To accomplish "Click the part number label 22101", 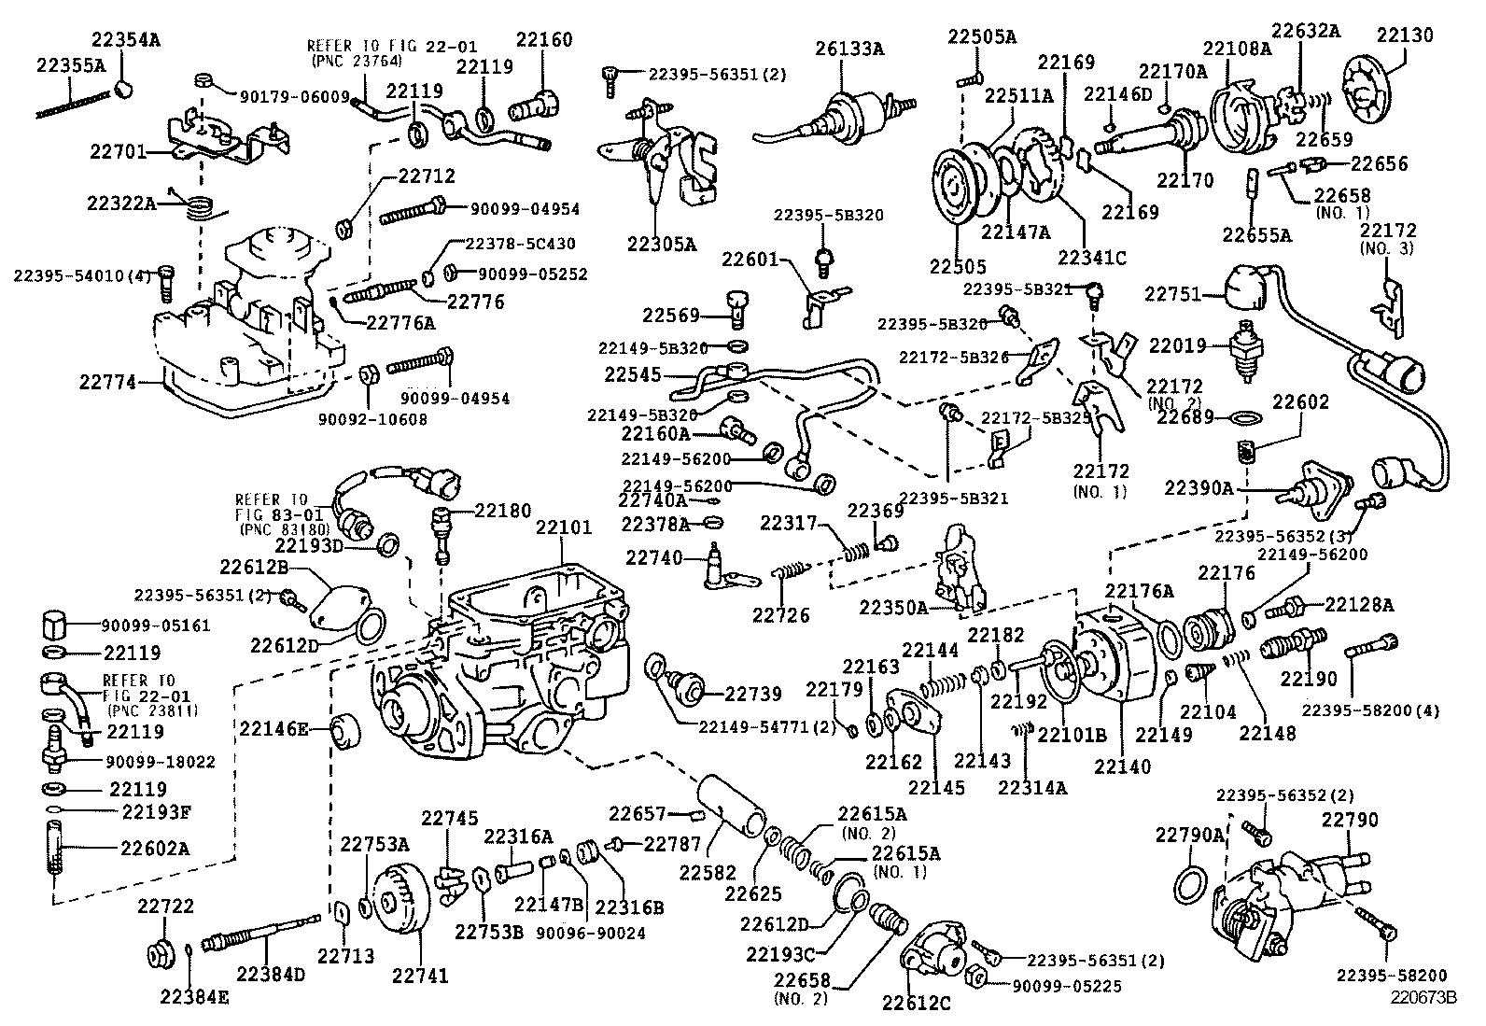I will tap(564, 528).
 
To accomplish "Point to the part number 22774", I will tap(106, 382).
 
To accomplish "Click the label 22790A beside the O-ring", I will tap(1188, 835).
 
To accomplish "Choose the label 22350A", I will tap(893, 608).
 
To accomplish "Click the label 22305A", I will tap(662, 245).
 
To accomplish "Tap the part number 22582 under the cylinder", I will tap(708, 873).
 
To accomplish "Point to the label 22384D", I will tap(271, 974).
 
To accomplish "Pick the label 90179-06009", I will tap(294, 96).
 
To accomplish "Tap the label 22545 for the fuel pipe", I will tap(632, 374).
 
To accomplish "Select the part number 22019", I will tap(1171, 345).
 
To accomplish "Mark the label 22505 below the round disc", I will tap(958, 267).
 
